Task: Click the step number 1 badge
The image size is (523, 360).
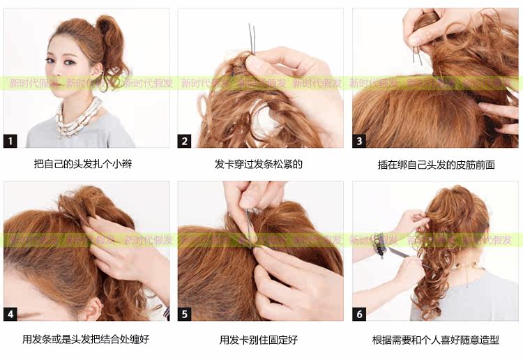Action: coord(10,141)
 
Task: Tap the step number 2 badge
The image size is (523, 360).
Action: coord(185,141)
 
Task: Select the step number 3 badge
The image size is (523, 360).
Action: coord(360,141)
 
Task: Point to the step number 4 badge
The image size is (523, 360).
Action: coord(10,314)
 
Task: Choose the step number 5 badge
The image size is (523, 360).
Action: coord(185,314)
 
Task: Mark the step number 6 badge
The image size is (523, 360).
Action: coord(360,314)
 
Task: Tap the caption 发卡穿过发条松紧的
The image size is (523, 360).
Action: coord(259,165)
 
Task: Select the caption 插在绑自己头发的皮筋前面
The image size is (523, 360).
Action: coord(436,165)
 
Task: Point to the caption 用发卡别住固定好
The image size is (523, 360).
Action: coord(259,340)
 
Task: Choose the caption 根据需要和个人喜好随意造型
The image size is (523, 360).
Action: coord(436,340)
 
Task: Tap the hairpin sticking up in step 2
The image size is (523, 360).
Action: coord(252,38)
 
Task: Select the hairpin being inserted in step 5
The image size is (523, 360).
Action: coord(250,223)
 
